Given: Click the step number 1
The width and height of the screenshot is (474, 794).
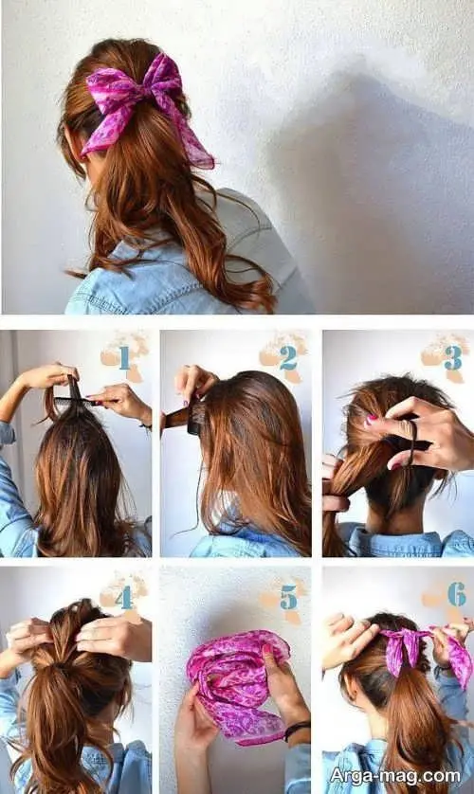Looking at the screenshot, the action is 124,358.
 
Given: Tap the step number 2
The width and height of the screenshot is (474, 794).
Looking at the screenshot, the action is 287,358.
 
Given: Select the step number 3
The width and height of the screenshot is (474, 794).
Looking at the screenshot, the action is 452,357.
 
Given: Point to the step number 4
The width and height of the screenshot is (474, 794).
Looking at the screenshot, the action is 124,597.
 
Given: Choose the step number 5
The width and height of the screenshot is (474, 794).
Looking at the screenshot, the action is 288,598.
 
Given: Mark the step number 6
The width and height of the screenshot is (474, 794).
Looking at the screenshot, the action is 456,594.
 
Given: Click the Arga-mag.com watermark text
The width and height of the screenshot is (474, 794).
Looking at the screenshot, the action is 395,776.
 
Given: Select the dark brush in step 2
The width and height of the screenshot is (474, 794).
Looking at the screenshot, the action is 188,417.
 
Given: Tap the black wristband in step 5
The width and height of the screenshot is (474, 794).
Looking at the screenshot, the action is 298,730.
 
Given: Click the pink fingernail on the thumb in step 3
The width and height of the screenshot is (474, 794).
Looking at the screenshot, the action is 372,419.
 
